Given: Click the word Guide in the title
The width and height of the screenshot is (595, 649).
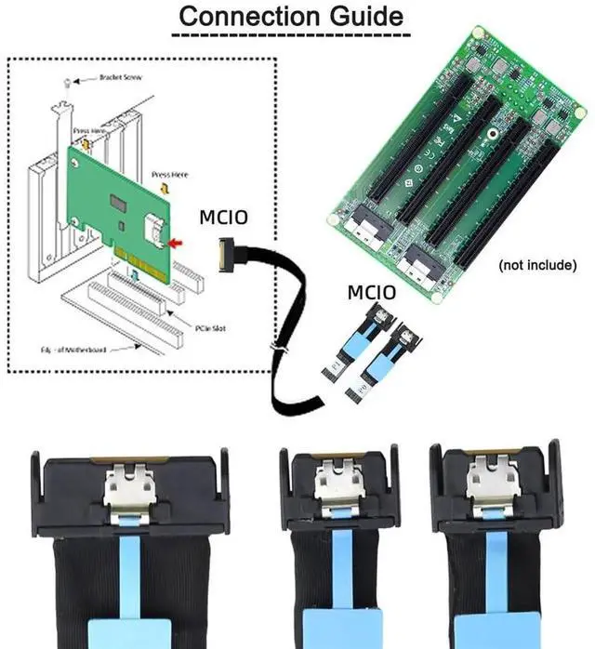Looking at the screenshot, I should point(363,18).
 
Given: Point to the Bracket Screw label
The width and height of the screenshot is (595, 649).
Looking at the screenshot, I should point(119,77).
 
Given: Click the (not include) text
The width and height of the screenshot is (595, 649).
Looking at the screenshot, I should point(537,265).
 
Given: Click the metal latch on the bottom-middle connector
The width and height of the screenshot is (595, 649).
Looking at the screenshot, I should point(332,486).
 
